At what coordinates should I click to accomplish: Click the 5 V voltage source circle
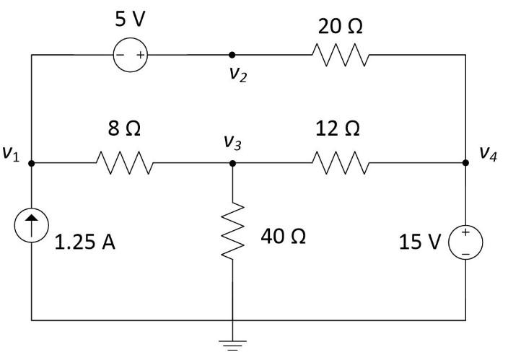pyautogui.click(x=131, y=54)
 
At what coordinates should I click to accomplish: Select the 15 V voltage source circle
pyautogui.click(x=465, y=242)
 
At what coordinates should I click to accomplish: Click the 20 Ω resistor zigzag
pyautogui.click(x=341, y=54)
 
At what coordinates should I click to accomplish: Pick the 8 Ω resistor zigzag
pyautogui.click(x=124, y=163)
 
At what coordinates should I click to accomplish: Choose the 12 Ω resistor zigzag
pyautogui.click(x=341, y=163)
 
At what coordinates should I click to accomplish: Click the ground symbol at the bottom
pyautogui.click(x=232, y=345)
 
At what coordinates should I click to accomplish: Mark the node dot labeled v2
pyautogui.click(x=232, y=54)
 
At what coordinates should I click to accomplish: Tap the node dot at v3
pyautogui.click(x=232, y=163)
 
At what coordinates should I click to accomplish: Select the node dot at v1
pyautogui.click(x=32, y=163)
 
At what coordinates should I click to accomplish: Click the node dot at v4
pyautogui.click(x=465, y=163)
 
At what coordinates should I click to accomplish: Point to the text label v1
pyautogui.click(x=11, y=154)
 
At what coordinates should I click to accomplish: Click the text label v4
pyautogui.click(x=489, y=154)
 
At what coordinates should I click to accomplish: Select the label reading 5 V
pyautogui.click(x=131, y=19)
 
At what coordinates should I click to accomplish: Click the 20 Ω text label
pyautogui.click(x=341, y=27)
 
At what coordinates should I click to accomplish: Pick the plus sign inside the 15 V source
pyautogui.click(x=465, y=232)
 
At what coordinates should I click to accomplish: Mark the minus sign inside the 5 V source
pyautogui.click(x=121, y=54)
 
